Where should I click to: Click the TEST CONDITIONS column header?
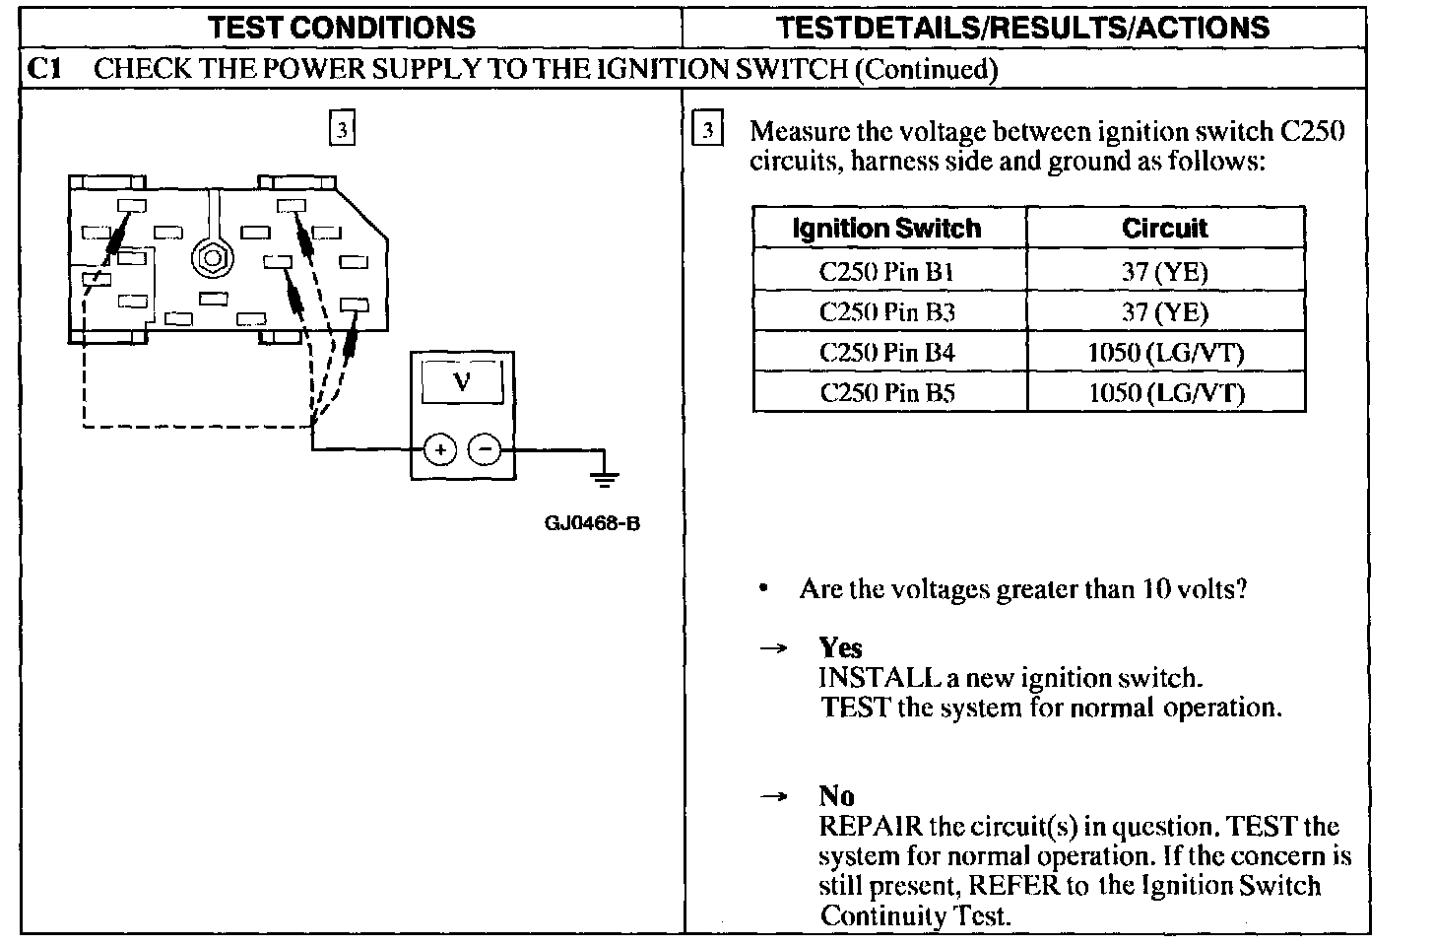pyautogui.click(x=342, y=27)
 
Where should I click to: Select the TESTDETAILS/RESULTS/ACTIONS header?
pyautogui.click(x=1022, y=27)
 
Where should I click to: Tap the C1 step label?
pyautogui.click(x=44, y=69)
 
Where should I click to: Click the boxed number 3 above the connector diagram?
pyautogui.click(x=341, y=129)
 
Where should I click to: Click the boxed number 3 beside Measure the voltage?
pyautogui.click(x=708, y=131)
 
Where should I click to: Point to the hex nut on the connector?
pyautogui.click(x=210, y=258)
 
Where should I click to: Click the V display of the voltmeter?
pyautogui.click(x=462, y=381)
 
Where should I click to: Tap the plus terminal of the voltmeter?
pyautogui.click(x=439, y=450)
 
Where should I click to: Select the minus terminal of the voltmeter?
pyautogui.click(x=484, y=450)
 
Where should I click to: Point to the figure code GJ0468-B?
pyautogui.click(x=592, y=523)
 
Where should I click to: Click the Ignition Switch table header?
pyautogui.click(x=887, y=229)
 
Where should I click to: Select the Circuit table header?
pyautogui.click(x=1164, y=229)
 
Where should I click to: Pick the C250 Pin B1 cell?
pyautogui.click(x=887, y=272)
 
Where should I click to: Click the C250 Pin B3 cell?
pyautogui.click(x=887, y=312)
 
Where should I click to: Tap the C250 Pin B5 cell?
pyautogui.click(x=887, y=393)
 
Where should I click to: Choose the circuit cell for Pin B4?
pyautogui.click(x=1165, y=353)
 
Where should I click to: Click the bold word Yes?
pyautogui.click(x=840, y=647)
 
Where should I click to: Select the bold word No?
pyautogui.click(x=836, y=795)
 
